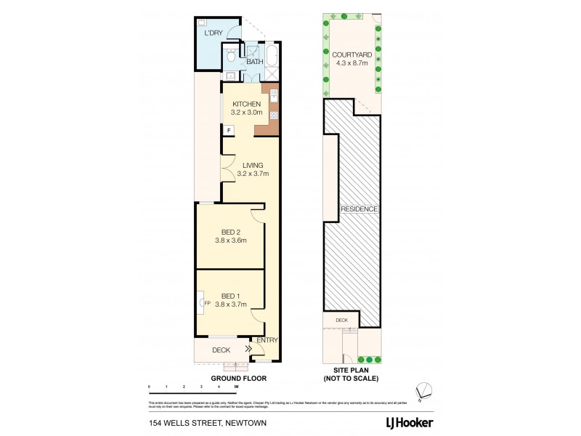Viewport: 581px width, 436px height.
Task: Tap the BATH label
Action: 254,62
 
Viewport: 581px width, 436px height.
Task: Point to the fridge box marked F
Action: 228,131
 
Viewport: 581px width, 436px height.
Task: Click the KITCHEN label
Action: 246,104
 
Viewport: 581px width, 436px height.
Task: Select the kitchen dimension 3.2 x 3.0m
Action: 246,113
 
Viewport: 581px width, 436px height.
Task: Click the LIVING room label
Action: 250,166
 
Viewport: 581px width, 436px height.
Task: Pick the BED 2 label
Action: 231,232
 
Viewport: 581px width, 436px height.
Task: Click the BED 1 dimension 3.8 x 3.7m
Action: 231,304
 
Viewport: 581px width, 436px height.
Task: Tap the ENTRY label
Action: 267,340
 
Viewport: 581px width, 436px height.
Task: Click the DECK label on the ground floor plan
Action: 221,350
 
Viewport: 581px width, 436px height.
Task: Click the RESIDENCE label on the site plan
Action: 359,209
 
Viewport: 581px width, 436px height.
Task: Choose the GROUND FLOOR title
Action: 239,378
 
